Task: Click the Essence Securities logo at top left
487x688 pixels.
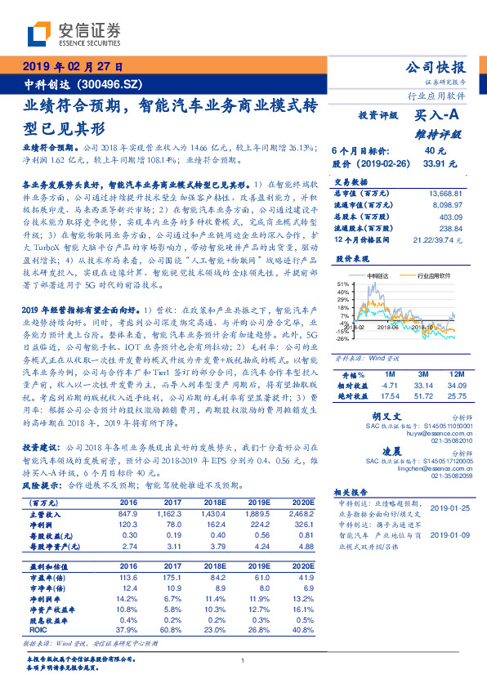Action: point(74,35)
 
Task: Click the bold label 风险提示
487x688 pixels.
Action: point(39,485)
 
